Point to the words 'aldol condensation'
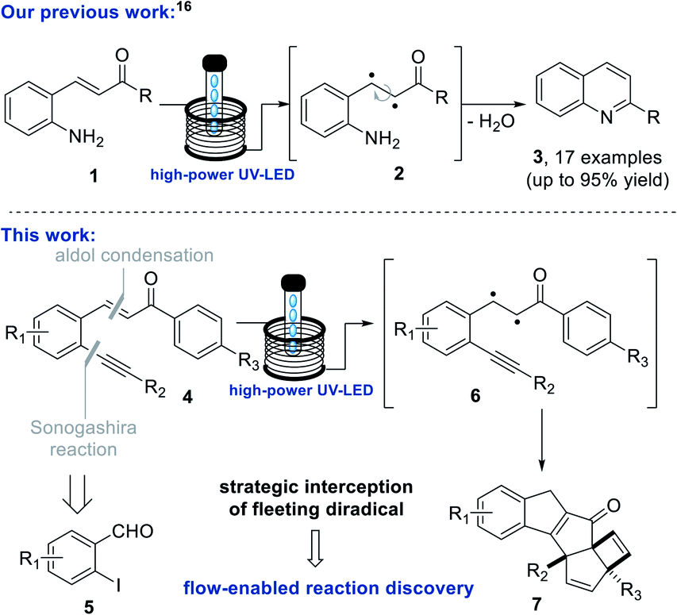(x=146, y=256)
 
